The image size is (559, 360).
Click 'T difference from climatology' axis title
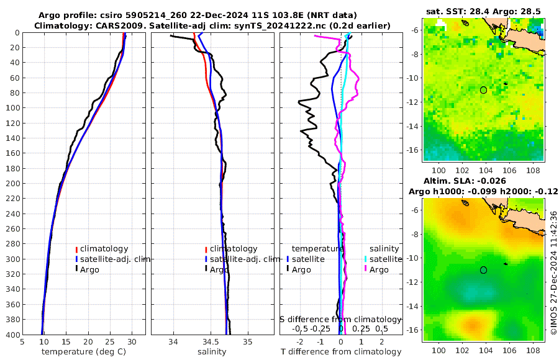341,352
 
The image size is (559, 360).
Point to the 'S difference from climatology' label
340,319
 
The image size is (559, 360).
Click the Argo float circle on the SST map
483,90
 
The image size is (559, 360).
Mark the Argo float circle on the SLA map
483,270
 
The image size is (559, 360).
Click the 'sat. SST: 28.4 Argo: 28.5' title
483,11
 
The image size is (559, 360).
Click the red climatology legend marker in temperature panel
77,249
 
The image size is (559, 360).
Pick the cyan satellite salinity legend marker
366,259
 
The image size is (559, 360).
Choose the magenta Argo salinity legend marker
366,269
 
